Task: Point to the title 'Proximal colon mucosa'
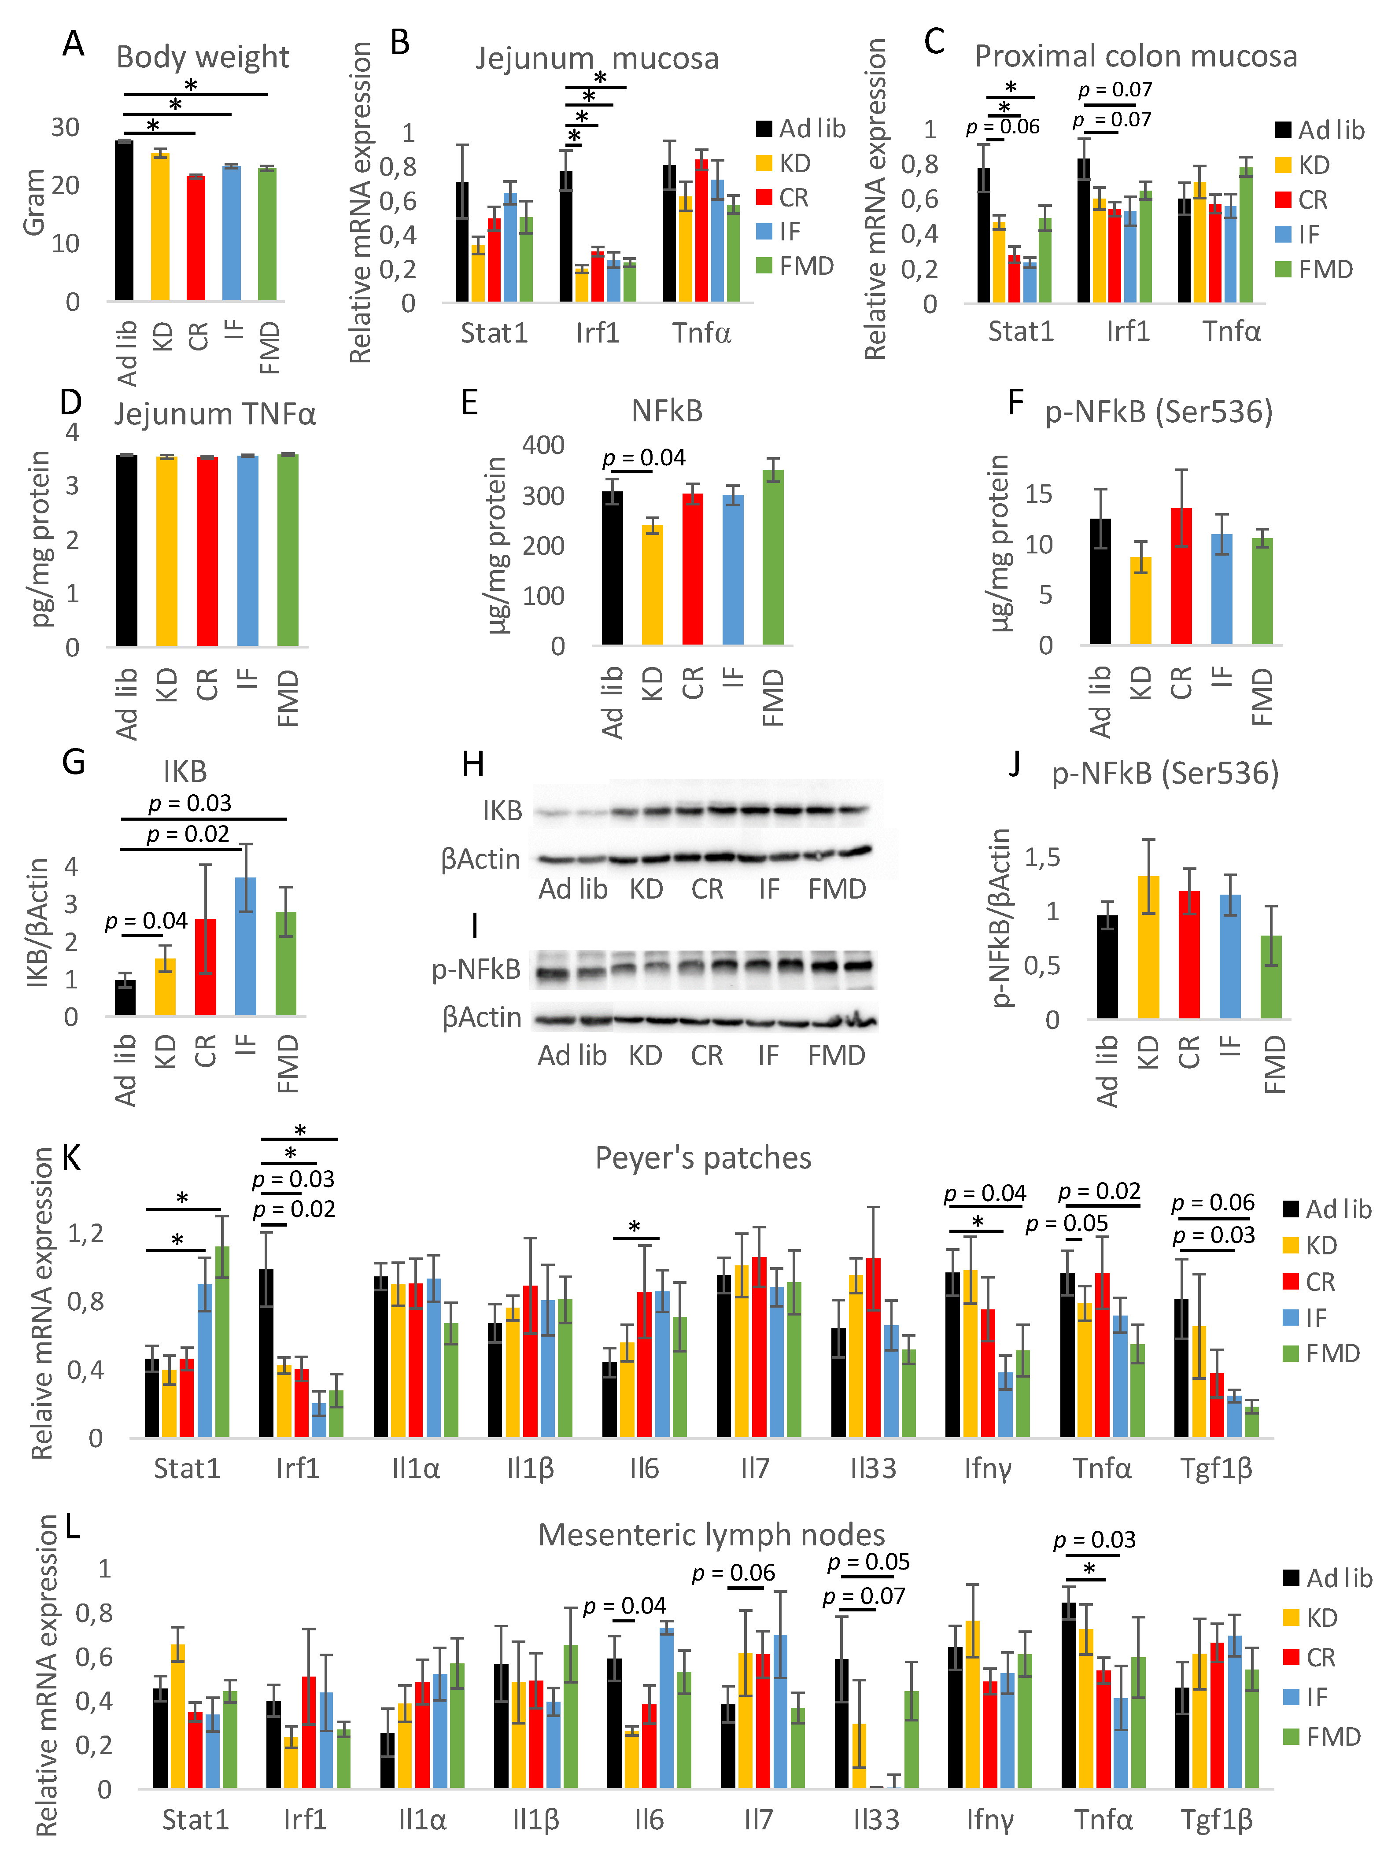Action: coord(1135,56)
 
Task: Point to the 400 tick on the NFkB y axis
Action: coord(542,445)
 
